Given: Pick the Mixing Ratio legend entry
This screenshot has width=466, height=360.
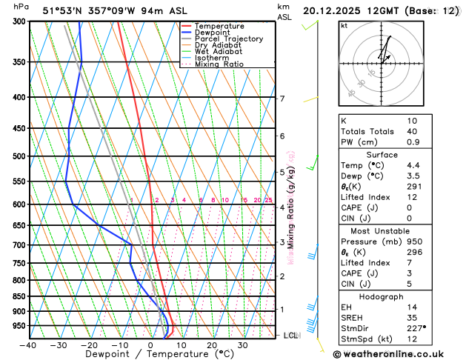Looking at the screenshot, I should pyautogui.click(x=220, y=64).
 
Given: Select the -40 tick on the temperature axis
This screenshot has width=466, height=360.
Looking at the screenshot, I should pyautogui.click(x=28, y=344).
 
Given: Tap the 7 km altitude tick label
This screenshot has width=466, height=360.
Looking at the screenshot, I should pyautogui.click(x=282, y=99).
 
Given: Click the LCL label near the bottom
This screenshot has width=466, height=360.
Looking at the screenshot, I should pyautogui.click(x=291, y=336).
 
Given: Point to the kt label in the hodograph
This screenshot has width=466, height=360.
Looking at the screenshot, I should pyautogui.click(x=344, y=26).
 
